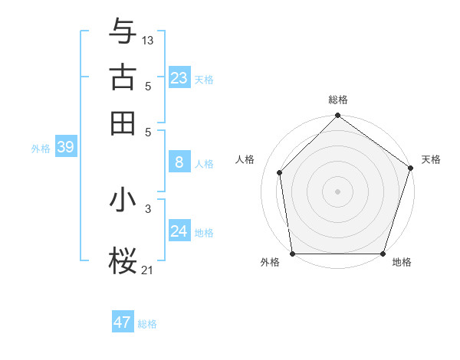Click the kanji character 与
click(123, 31)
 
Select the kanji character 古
click(123, 77)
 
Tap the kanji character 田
click(123, 123)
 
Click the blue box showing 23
click(179, 78)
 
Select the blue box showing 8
click(179, 162)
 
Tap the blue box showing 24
click(179, 231)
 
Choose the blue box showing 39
click(65, 148)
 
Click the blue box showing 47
click(123, 322)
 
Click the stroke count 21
click(148, 270)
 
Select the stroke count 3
click(148, 208)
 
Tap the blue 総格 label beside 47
click(147, 324)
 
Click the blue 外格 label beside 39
click(41, 149)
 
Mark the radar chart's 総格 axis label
click(338, 100)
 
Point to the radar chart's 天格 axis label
click(431, 159)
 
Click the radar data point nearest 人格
click(280, 172)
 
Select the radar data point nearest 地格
click(383, 254)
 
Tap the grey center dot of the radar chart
click(338, 191)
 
